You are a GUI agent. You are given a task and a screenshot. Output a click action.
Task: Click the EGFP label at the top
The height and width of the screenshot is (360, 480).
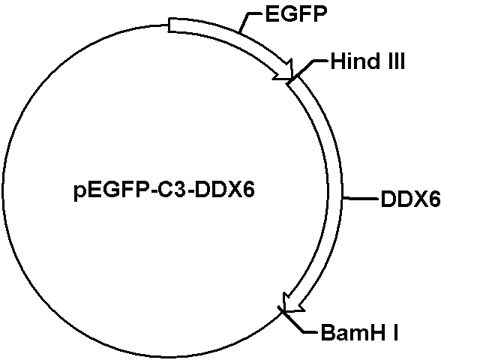pos(296,13)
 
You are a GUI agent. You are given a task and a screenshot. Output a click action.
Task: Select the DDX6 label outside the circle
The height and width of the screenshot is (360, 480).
pos(410,199)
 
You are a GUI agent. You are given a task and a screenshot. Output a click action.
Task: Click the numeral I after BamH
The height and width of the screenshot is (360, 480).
pos(395,332)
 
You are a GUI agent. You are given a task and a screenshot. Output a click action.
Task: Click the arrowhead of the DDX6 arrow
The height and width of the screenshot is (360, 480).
pos(292,304)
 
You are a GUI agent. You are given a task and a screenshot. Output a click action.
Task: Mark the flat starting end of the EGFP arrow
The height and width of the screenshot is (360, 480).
pos(169,25)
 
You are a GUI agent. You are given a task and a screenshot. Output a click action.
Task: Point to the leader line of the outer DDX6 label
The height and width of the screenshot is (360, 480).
pos(361,199)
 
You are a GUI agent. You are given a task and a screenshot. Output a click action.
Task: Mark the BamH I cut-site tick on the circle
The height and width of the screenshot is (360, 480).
pos(282,310)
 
